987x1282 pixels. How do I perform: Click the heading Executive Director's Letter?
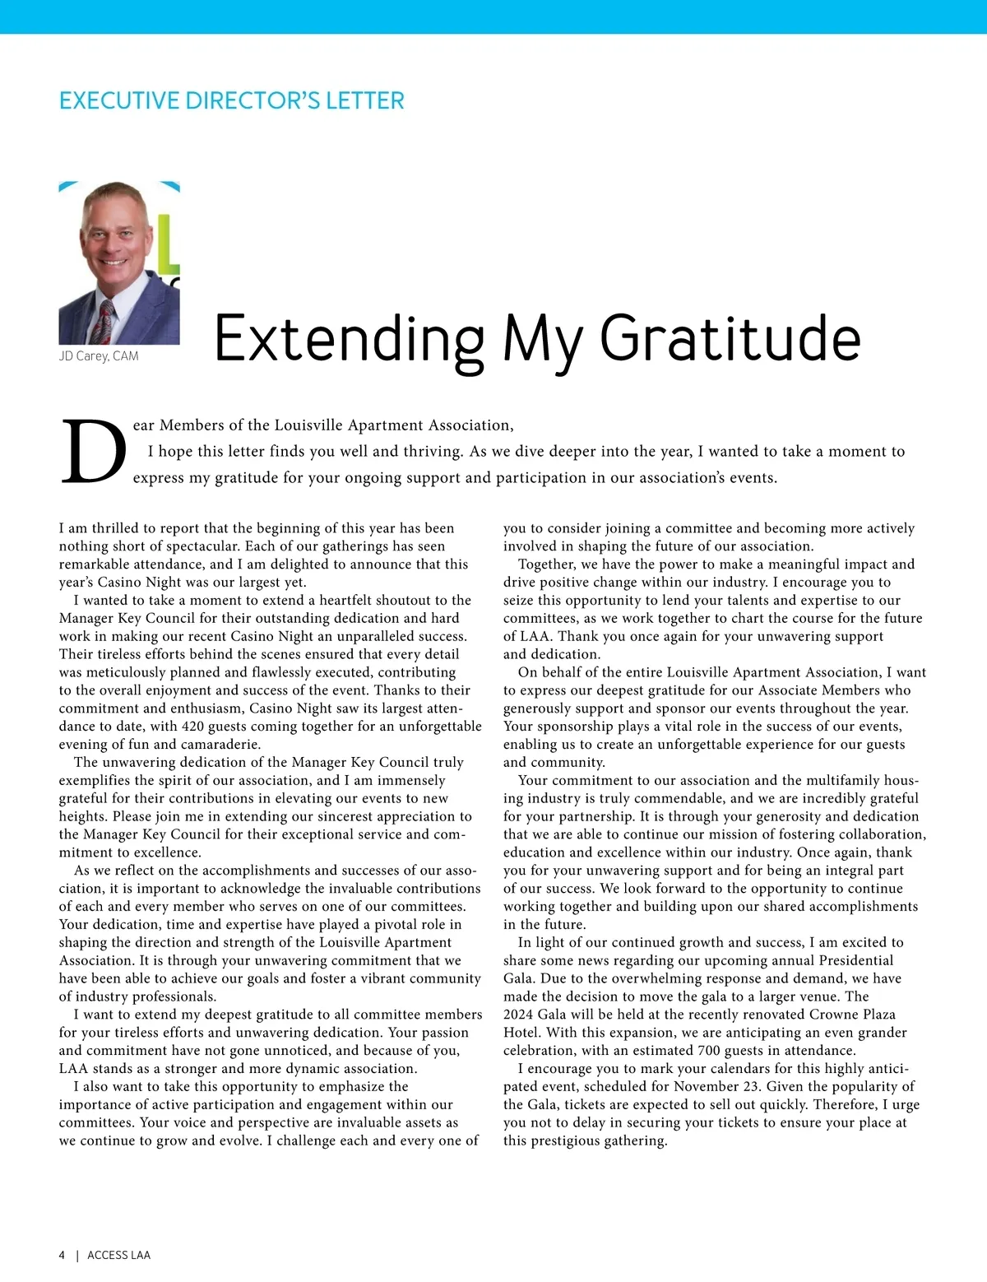click(231, 101)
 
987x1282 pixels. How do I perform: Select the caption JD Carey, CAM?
click(99, 356)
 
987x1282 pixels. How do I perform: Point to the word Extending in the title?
click(350, 340)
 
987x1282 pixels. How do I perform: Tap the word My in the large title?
click(542, 340)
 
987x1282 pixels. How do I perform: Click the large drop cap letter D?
click(94, 452)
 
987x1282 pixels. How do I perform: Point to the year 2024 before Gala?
click(518, 1015)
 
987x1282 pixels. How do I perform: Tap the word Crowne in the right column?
click(836, 1015)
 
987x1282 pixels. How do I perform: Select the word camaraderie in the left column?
click(220, 744)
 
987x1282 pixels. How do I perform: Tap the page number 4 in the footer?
click(62, 1255)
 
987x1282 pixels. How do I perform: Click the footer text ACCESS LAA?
click(119, 1255)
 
